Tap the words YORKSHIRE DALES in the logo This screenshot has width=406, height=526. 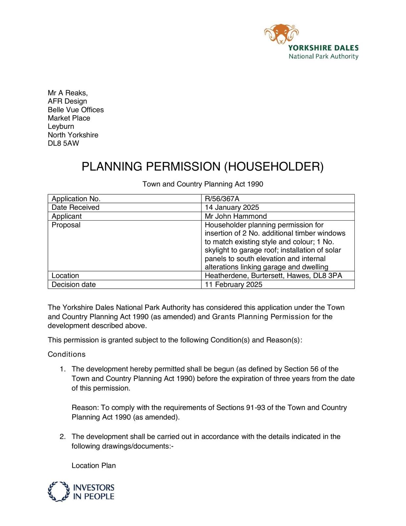pyautogui.click(x=323, y=48)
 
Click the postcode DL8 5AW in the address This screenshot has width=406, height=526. pyautogui.click(x=63, y=143)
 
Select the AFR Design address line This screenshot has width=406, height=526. pyautogui.click(x=67, y=101)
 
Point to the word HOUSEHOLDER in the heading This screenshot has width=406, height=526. pyautogui.click(x=274, y=167)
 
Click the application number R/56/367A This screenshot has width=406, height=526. pyautogui.click(x=222, y=199)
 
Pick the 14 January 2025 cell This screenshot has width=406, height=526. pyautogui.click(x=232, y=207)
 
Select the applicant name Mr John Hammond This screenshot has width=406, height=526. pyautogui.click(x=236, y=216)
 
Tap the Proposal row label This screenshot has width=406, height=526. pyautogui.click(x=66, y=225)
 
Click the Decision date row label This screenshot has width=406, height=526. pyautogui.click(x=74, y=284)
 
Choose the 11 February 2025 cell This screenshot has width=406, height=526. pyautogui.click(x=234, y=284)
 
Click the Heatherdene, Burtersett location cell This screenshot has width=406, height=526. pyautogui.click(x=273, y=275)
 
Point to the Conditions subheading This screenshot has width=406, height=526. pyautogui.click(x=67, y=354)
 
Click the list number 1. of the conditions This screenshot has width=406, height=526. pyautogui.click(x=63, y=369)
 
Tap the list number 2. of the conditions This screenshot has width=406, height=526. pyautogui.click(x=63, y=437)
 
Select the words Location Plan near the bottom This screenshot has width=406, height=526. pyautogui.click(x=94, y=466)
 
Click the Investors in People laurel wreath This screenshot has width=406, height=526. pyautogui.click(x=59, y=491)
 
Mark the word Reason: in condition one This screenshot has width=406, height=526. pyautogui.click(x=85, y=408)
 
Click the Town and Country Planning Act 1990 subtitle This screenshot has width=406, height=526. pyautogui.click(x=203, y=184)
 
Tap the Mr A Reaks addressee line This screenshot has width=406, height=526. pyautogui.click(x=68, y=93)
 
